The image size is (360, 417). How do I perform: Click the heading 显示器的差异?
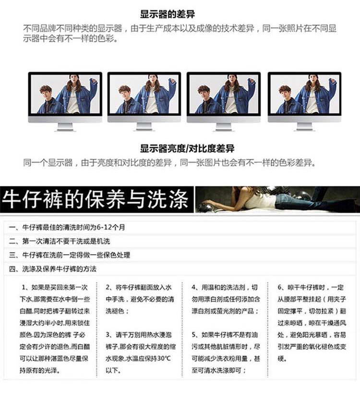point(168,14)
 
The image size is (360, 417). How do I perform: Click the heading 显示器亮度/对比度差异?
point(187,148)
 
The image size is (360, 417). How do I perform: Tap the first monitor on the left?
point(65,101)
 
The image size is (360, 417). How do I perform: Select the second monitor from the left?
point(144,101)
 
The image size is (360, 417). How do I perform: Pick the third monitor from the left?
point(223,101)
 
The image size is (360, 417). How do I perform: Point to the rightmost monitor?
point(304,101)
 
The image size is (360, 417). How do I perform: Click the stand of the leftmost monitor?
point(65,127)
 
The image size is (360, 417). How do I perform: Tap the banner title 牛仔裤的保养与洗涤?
point(95,199)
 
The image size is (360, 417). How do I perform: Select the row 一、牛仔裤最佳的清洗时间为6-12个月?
point(67,227)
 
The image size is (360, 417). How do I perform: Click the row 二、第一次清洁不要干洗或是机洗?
point(59,241)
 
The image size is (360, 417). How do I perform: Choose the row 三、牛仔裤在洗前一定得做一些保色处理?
point(69,255)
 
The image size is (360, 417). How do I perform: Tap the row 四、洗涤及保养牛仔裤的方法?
point(52,269)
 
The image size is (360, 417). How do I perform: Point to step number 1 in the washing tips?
point(24,287)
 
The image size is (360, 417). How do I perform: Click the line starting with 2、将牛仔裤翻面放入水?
point(138,287)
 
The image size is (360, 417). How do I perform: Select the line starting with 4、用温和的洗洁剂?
point(225,287)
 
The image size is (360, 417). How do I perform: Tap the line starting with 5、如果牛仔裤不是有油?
point(225,334)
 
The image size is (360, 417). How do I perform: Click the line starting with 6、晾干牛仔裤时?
point(311,287)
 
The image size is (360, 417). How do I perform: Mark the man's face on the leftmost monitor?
point(46,92)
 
